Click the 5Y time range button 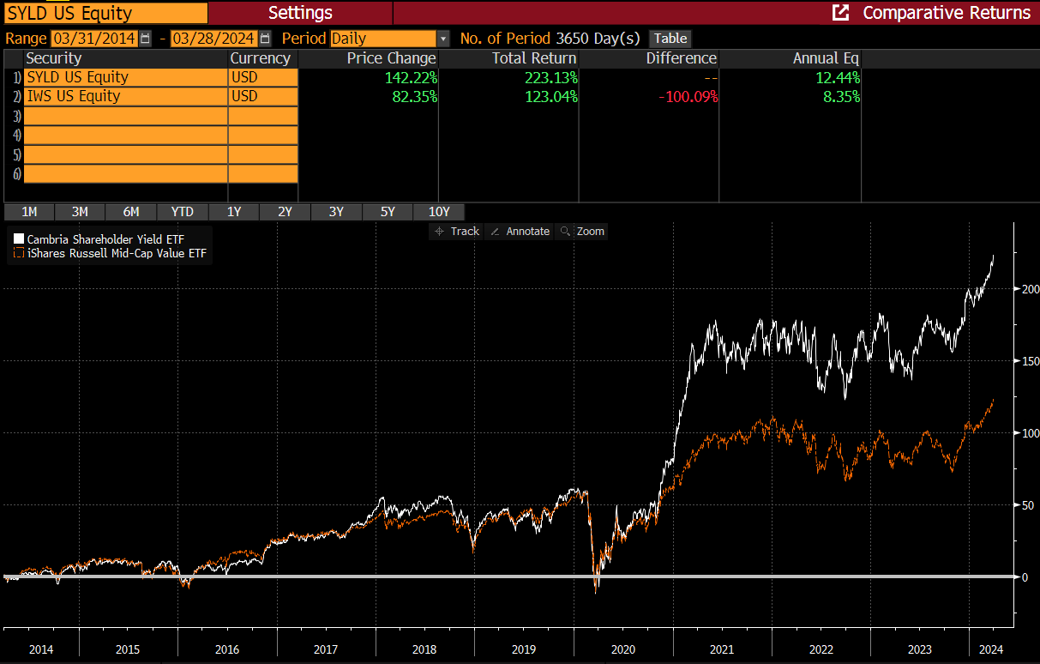[x=388, y=212]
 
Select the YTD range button [x=182, y=212]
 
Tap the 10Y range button [x=439, y=212]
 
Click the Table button [x=670, y=39]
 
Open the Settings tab [x=300, y=13]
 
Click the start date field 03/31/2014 [x=94, y=39]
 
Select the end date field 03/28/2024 [x=214, y=39]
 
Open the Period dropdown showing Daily [x=389, y=39]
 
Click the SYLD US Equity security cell [x=125, y=77]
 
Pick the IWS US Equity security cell [x=125, y=96]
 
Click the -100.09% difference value [x=688, y=96]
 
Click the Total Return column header [x=534, y=58]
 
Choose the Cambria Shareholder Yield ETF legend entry [x=105, y=238]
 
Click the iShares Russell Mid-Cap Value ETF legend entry [x=117, y=253]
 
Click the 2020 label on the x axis [x=623, y=649]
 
